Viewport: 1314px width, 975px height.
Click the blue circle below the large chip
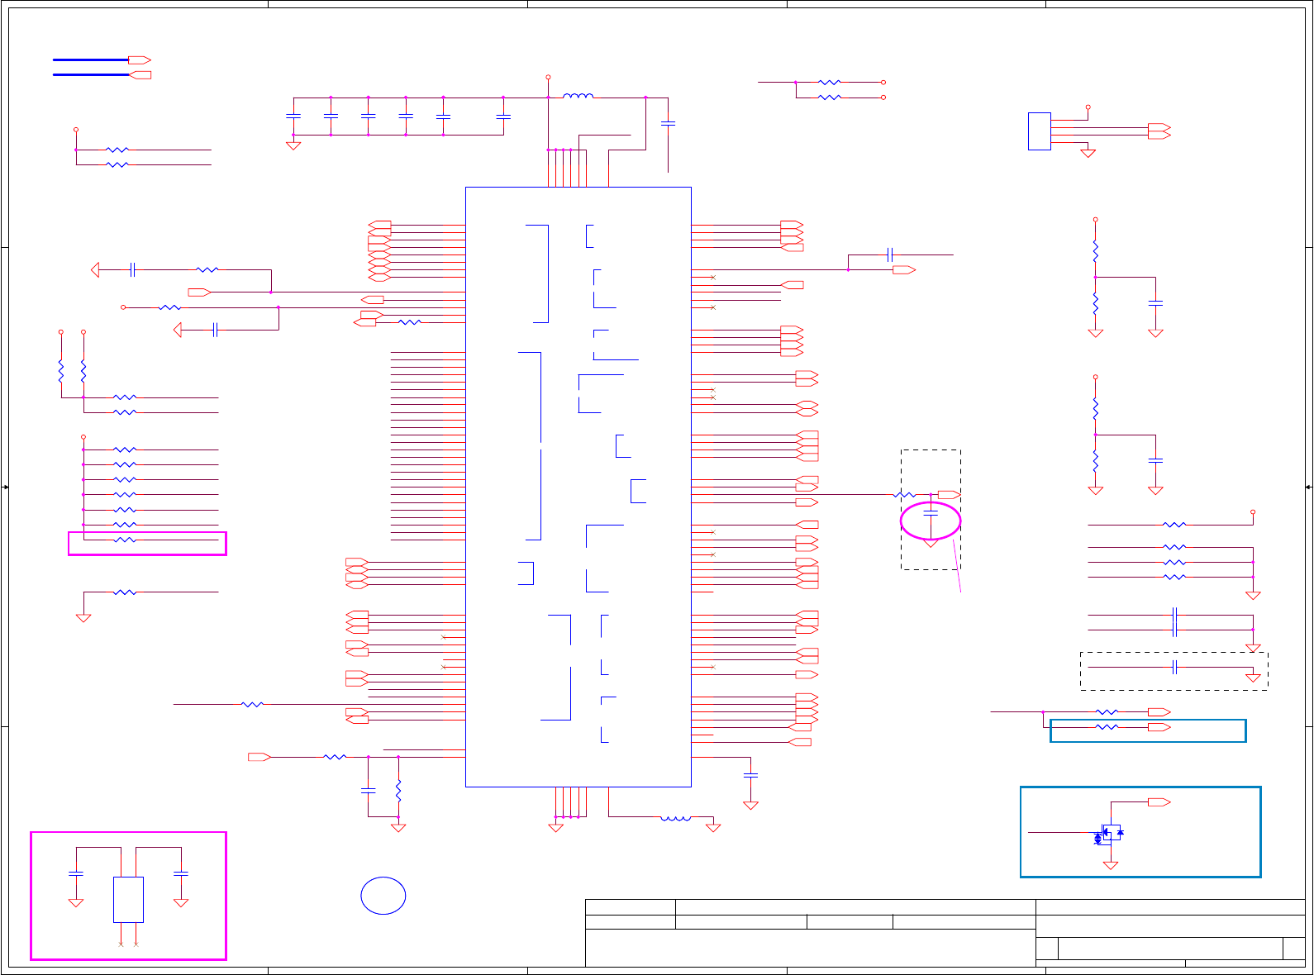383,896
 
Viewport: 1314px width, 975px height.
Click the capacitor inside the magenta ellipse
931,514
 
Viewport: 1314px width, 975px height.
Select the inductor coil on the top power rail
578,97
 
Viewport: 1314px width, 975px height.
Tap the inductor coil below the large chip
675,818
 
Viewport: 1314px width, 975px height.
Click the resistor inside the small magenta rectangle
125,540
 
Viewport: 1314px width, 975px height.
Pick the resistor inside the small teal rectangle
1107,727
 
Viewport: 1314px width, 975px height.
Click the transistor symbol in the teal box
1111,833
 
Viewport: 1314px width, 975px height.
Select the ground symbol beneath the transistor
1111,865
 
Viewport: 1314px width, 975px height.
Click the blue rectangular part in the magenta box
128,899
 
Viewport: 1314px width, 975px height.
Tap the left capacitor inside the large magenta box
76,873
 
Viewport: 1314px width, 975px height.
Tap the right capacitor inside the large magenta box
181,873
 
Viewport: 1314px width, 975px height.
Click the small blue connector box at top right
1039,131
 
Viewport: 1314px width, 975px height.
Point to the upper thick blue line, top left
90,60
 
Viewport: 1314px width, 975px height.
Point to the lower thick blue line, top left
90,75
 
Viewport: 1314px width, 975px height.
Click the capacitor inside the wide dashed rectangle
1174,667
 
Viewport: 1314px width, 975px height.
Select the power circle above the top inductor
548,77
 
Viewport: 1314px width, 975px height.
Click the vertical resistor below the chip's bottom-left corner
398,791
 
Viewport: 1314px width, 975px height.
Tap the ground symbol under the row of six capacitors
293,145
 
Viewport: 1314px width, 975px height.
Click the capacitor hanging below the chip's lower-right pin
750,775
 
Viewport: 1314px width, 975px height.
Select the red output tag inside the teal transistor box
1159,802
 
